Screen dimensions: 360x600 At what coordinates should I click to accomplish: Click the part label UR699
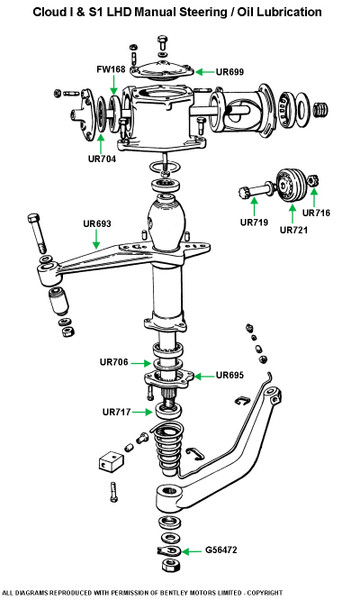point(230,72)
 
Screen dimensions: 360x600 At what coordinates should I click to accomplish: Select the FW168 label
point(111,69)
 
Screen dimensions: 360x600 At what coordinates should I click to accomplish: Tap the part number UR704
point(102,158)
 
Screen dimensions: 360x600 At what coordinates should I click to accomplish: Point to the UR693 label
point(97,223)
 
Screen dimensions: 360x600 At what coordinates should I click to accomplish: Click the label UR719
point(254,222)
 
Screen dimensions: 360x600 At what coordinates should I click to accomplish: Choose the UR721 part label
point(294,230)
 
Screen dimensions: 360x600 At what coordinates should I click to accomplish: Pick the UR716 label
point(316,213)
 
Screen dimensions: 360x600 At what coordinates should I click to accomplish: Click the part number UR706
point(114,362)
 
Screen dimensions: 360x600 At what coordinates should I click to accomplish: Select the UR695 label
point(230,375)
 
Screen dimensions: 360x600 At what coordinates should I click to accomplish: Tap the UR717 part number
point(116,412)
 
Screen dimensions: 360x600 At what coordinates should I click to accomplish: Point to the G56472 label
point(221,550)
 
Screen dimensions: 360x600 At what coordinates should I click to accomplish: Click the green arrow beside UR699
point(204,72)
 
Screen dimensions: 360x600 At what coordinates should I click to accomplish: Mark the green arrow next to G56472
point(192,551)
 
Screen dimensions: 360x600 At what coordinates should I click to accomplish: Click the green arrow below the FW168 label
point(114,85)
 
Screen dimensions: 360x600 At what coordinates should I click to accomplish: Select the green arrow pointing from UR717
point(142,412)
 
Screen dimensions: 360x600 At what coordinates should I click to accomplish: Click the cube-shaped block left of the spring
point(111,461)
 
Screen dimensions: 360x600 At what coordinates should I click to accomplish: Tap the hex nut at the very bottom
point(168,565)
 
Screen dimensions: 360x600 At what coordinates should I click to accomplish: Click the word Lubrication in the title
point(289,12)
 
